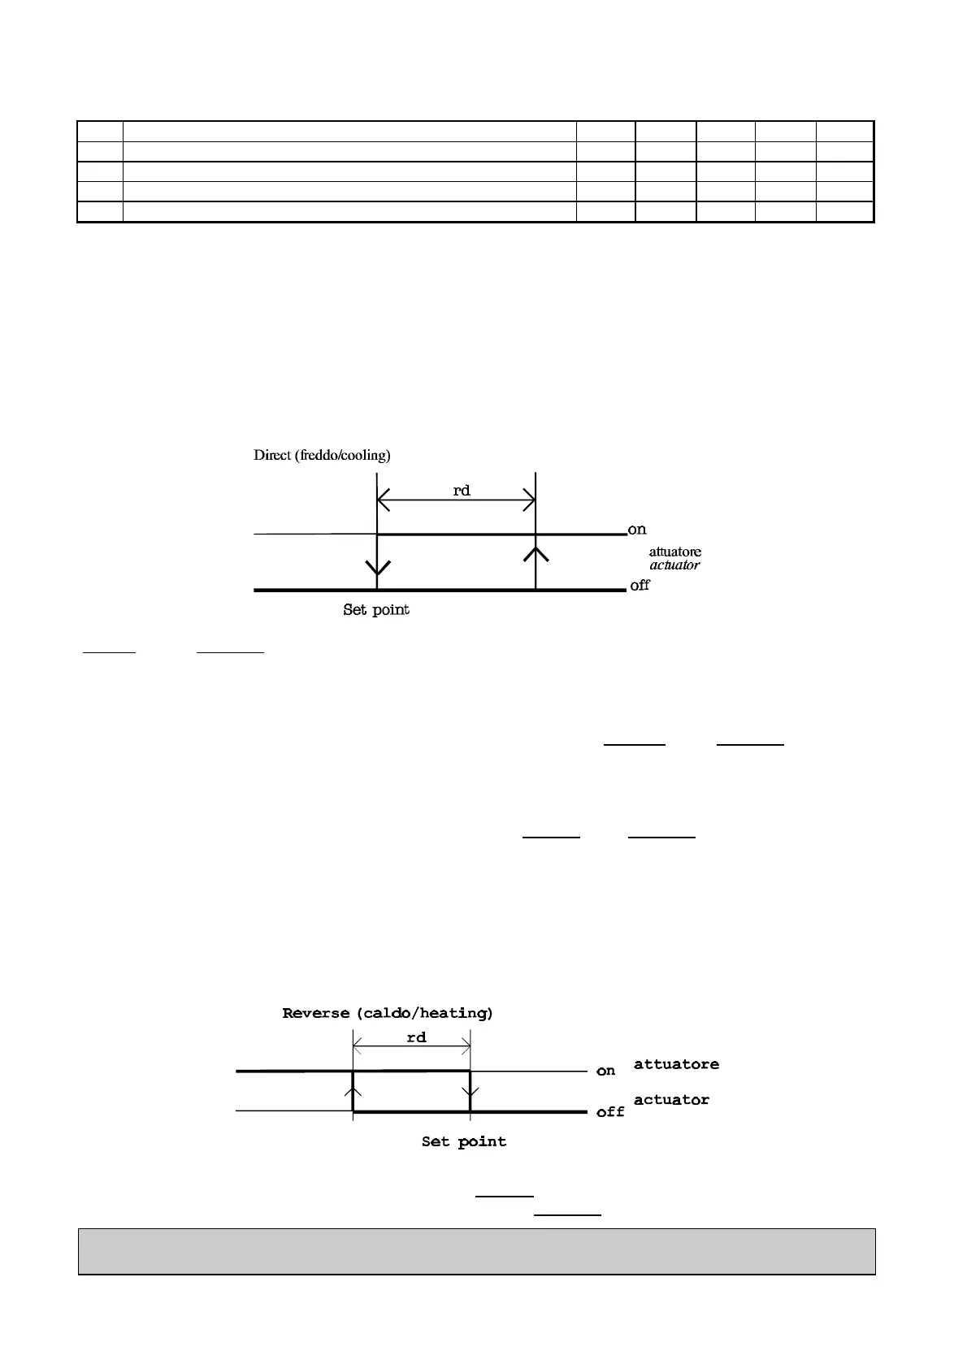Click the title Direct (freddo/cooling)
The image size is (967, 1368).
point(322,455)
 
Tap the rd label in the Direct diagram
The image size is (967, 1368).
point(461,491)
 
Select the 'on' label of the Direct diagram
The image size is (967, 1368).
point(637,530)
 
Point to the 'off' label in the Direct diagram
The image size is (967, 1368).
point(640,585)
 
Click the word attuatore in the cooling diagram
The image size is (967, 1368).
point(674,552)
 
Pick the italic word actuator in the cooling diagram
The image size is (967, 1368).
point(674,565)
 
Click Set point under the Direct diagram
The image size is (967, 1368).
point(375,609)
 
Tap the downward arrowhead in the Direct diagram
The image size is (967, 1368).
point(378,567)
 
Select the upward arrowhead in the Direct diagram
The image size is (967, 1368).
point(536,554)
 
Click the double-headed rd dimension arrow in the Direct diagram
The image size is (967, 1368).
point(456,502)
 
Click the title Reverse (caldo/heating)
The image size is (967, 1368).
point(388,1013)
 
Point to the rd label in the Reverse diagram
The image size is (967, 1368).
point(416,1037)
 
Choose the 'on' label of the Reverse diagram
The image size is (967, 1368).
point(605,1071)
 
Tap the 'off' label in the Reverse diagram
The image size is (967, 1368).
point(610,1111)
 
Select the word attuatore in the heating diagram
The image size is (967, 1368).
point(676,1064)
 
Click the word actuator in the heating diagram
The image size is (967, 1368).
point(671,1100)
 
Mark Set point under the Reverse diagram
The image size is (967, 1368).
point(463,1141)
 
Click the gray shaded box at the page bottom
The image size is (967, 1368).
point(476,1251)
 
